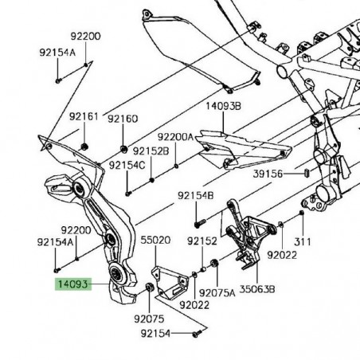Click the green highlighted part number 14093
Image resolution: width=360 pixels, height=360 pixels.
(72, 283)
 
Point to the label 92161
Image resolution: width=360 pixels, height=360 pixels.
(84, 117)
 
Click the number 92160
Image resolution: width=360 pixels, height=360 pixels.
(123, 119)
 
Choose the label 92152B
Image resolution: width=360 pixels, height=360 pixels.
(151, 151)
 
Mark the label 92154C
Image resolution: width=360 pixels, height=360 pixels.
(127, 165)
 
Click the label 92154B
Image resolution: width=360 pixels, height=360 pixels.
(196, 194)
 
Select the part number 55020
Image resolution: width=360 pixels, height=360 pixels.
(156, 239)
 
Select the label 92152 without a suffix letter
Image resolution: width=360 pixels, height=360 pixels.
(202, 240)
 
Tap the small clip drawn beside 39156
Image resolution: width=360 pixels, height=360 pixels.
(307, 171)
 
